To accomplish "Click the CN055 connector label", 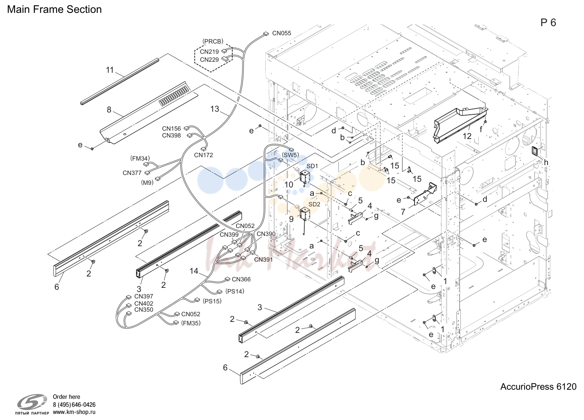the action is point(282,33).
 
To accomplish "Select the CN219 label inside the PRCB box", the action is point(209,52).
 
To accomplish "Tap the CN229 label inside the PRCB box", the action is point(209,60).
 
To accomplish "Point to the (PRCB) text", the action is point(213,41).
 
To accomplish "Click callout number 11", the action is point(110,70).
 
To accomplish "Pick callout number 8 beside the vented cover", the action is point(109,110).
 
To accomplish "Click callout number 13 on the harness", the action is point(214,109).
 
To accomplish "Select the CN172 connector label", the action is point(204,155).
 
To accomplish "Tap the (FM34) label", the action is point(140,158).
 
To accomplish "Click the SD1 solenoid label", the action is point(312,166).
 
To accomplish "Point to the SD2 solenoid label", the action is point(314,205).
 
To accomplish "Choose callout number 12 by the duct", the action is point(467,136).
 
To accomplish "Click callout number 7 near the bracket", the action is point(403,212).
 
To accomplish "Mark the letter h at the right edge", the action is point(546,162).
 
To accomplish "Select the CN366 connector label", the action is point(241,279).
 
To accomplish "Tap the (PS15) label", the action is point(212,301).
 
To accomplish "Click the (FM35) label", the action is point(191,323).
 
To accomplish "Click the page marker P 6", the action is point(548,23).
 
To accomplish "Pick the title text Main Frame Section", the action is point(55,9).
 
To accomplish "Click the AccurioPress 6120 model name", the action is point(539,387).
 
